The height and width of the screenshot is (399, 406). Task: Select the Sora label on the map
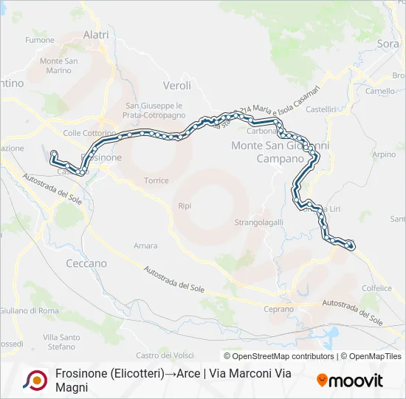(x=388, y=44)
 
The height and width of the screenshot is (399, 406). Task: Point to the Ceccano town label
(x=86, y=263)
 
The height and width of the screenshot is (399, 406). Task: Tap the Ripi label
(x=185, y=205)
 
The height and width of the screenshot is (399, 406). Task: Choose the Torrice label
(x=156, y=180)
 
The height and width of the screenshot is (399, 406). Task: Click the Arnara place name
(x=145, y=245)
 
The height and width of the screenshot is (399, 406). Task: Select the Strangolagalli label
(x=258, y=222)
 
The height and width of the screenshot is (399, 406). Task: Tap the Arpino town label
(x=384, y=154)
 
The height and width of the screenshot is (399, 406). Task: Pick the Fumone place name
(x=40, y=40)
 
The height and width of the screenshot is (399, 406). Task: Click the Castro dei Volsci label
(x=164, y=356)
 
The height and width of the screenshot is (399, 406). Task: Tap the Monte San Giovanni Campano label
(x=280, y=151)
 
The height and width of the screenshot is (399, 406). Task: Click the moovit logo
(x=350, y=381)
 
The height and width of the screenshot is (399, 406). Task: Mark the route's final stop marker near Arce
(x=350, y=245)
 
